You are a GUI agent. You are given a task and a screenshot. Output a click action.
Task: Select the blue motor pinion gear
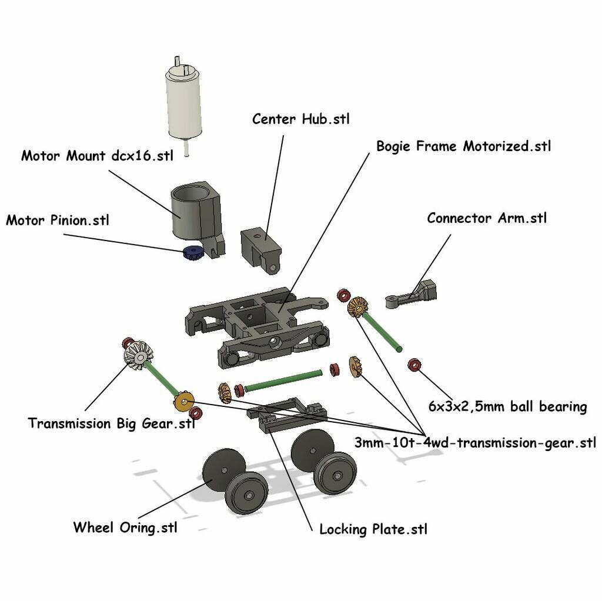tap(192, 253)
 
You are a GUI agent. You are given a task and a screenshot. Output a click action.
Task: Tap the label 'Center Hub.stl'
tap(300, 119)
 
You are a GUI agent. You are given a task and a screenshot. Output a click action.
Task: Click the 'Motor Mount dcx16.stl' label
tap(97, 156)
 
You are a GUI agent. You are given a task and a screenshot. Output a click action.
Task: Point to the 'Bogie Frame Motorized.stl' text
tap(463, 146)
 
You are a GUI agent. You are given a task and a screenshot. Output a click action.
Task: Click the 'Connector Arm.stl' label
tap(487, 218)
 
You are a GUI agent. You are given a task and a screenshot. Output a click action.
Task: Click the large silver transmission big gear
tap(139, 356)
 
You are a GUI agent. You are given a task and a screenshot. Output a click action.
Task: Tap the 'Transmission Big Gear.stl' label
tap(111, 423)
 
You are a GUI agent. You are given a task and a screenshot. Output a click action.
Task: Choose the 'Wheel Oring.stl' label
tap(125, 527)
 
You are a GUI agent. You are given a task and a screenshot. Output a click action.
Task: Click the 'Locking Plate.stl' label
tap(373, 529)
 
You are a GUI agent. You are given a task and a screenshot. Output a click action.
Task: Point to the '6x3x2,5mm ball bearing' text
tap(507, 406)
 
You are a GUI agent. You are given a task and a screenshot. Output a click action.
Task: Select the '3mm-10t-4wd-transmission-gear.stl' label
tap(475, 442)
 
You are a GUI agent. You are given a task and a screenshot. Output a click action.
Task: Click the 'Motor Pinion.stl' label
tap(58, 221)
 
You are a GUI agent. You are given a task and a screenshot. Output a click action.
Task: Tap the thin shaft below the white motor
tap(186, 148)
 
